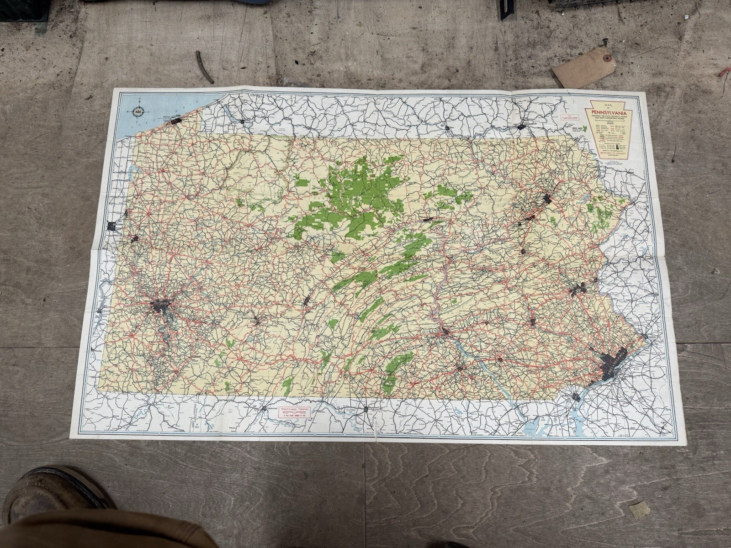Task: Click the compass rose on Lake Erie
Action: coord(137,110)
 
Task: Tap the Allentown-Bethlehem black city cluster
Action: coord(579,289)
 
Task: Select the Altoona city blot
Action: coord(307,300)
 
